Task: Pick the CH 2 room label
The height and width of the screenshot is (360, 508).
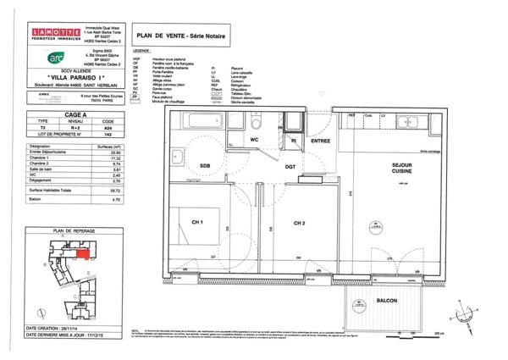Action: tap(299, 224)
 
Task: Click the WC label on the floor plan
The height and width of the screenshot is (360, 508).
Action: tap(254, 139)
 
